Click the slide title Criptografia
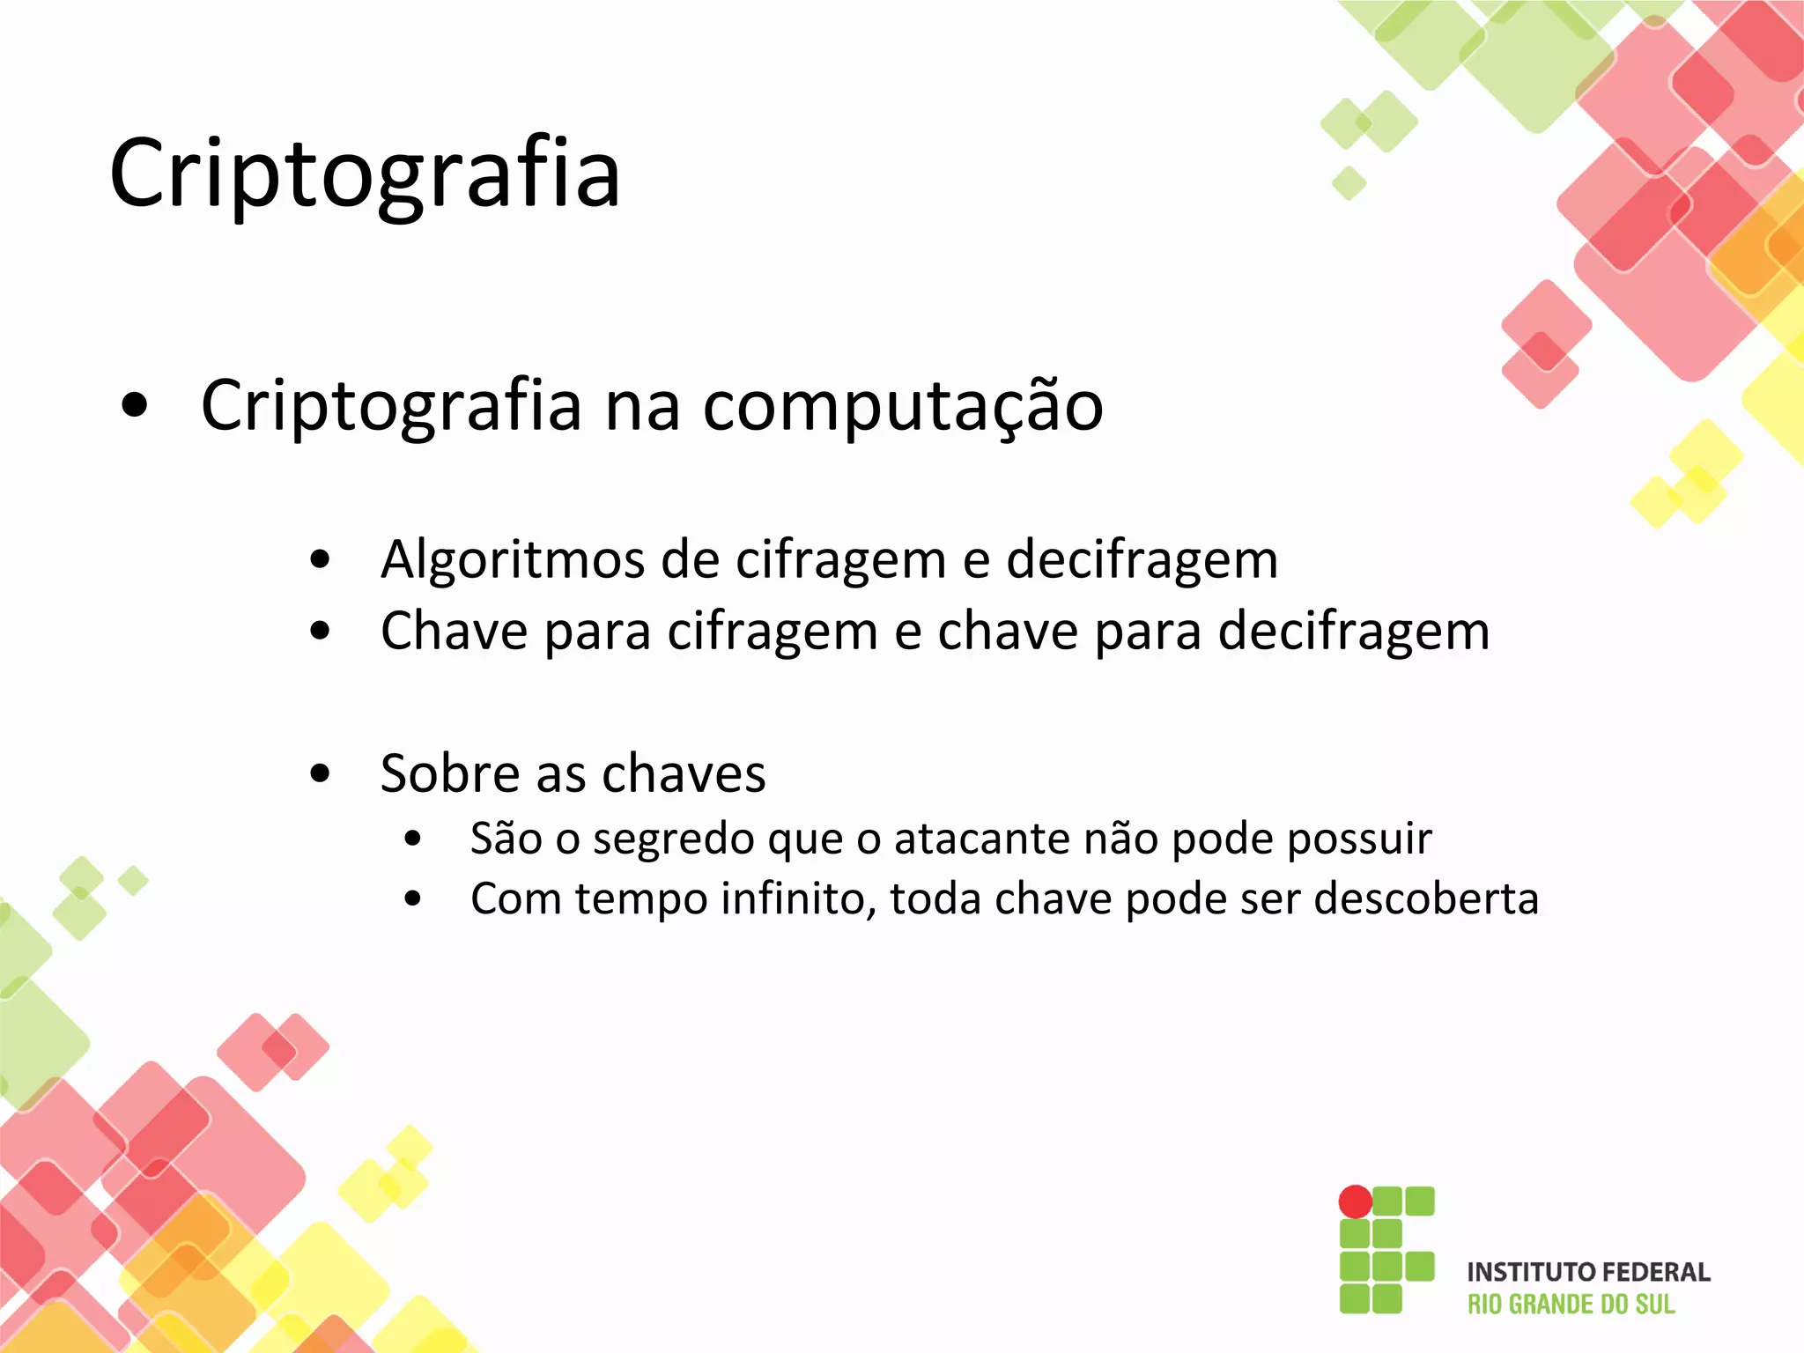coord(365,174)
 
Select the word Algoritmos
coord(512,560)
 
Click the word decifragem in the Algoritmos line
coord(1142,560)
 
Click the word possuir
coord(1359,839)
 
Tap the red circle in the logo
coord(1355,1201)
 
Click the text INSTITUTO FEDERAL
coord(1588,1272)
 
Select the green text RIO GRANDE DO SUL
coord(1571,1305)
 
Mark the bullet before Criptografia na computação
coord(135,407)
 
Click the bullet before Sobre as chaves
coord(321,774)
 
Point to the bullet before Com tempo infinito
coord(413,899)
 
